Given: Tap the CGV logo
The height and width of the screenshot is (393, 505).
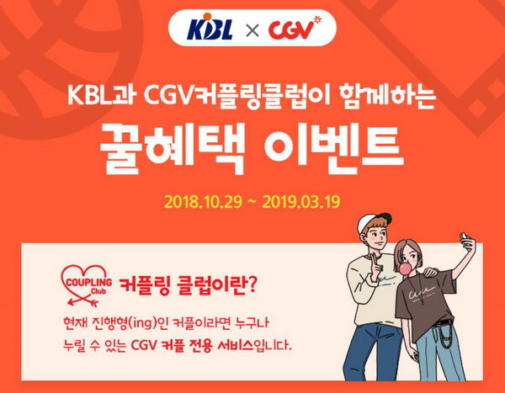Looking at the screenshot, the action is [295, 28].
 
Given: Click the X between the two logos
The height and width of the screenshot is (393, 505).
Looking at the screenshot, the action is [252, 31].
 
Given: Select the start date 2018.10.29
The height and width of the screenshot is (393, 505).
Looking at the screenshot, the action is [203, 202].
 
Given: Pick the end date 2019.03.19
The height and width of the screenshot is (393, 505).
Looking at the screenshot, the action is [301, 202].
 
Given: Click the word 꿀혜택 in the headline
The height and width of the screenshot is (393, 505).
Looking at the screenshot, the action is [172, 148].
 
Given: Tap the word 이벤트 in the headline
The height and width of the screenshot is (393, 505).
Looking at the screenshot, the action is [333, 146].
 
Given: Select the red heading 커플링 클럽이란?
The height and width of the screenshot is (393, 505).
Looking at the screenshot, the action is [188, 285].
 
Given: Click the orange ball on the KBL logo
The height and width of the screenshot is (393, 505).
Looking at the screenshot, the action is [207, 17].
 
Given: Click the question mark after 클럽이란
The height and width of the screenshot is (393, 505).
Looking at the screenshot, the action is [252, 284].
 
